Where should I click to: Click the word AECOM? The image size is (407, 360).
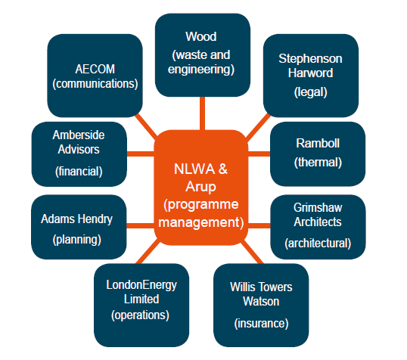point(95,70)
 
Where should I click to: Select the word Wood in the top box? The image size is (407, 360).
point(201,36)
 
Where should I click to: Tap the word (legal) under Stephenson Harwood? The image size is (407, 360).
point(311,92)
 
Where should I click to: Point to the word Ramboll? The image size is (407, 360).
point(318,143)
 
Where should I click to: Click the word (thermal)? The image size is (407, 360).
point(318,163)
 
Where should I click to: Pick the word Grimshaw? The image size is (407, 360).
point(318,208)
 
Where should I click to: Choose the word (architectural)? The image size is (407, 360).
point(318,244)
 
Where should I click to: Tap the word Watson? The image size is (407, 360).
point(261,302)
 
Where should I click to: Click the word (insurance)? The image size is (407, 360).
point(262,324)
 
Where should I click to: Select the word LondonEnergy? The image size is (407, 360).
point(141,285)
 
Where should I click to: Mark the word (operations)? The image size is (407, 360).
point(140,315)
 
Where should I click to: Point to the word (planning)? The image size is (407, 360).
point(77,240)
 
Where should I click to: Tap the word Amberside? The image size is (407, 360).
point(79,135)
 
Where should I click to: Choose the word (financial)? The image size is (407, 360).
point(79,172)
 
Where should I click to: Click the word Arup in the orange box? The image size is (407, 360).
point(200,187)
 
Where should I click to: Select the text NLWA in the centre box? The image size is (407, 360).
point(194,169)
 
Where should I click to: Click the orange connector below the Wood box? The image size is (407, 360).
point(203,113)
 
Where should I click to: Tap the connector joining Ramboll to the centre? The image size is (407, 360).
point(259,154)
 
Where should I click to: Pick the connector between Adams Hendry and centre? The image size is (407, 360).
point(141,225)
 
